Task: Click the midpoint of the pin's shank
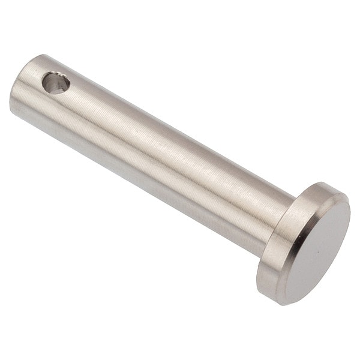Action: (150, 150)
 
